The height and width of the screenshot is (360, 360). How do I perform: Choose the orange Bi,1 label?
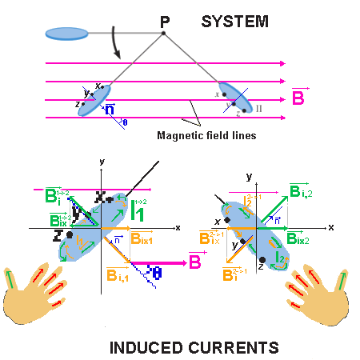click(119, 274)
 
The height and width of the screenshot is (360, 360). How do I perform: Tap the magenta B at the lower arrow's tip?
click(194, 260)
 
